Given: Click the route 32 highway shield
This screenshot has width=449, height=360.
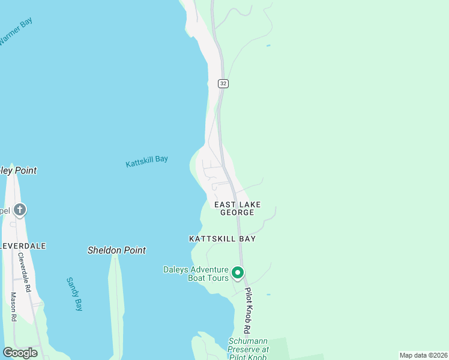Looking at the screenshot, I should (223, 84).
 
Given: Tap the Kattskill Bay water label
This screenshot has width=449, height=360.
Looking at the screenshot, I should (146, 161).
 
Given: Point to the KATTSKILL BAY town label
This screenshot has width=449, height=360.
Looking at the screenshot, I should (222, 239).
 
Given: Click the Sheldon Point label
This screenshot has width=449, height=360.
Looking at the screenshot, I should (116, 250).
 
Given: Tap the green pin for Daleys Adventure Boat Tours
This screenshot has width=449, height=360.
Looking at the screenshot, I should (238, 274).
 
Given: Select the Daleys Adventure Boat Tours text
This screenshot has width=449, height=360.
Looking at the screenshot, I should (196, 274).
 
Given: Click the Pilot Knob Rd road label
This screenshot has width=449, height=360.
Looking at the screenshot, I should (247, 310).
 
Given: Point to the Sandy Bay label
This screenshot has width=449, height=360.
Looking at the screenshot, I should (74, 294).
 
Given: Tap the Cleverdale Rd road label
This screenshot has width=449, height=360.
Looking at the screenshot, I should (24, 272).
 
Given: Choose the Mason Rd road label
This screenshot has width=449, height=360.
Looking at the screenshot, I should (13, 307).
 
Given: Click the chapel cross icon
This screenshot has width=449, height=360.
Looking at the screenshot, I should (19, 210).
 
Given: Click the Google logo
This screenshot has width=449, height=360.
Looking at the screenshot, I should (20, 353).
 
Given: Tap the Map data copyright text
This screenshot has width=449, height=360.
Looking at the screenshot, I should (423, 355).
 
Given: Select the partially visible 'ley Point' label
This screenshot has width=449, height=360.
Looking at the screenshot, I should (19, 170).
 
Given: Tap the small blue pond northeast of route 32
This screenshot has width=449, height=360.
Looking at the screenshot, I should (268, 46).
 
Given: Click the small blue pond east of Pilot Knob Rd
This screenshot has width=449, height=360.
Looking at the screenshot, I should (268, 295).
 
